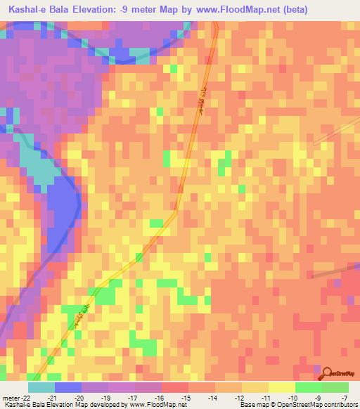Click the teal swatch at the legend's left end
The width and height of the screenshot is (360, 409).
41,387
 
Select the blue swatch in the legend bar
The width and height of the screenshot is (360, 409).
68,387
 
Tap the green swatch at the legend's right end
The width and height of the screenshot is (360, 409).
335,387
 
